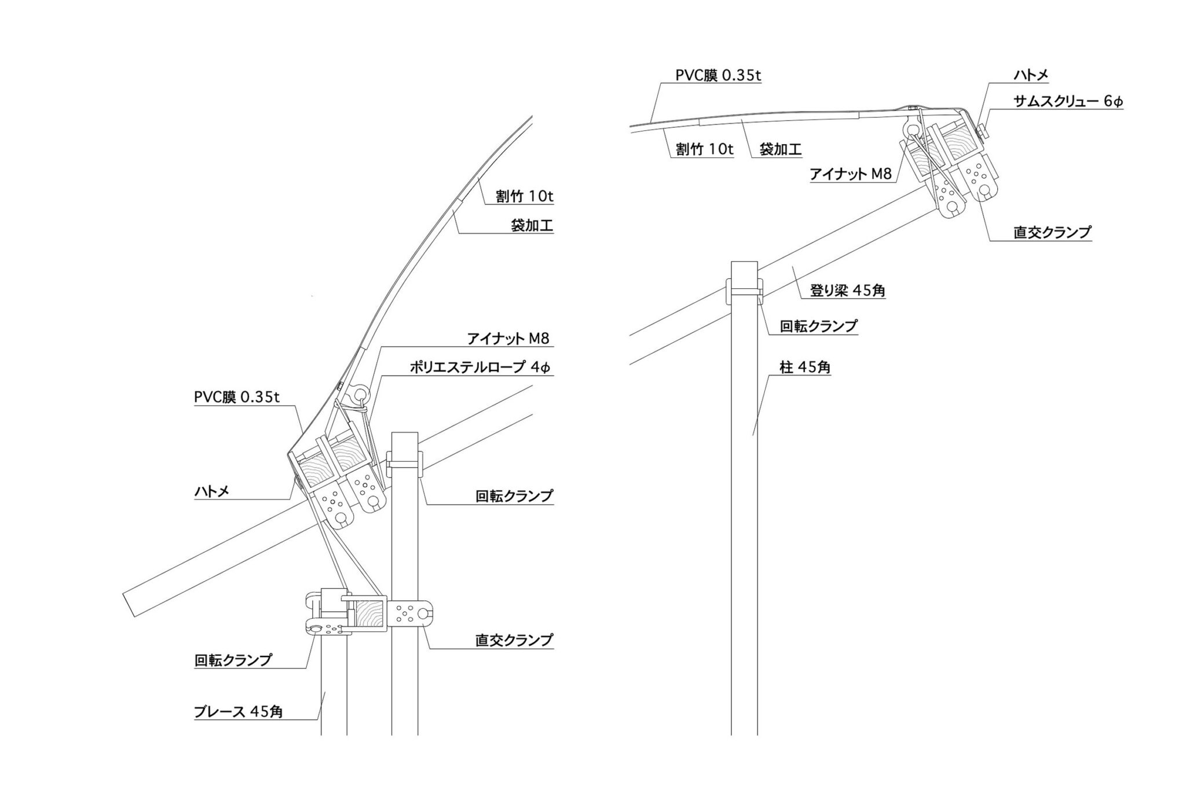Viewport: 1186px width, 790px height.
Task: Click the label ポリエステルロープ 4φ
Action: [480, 367]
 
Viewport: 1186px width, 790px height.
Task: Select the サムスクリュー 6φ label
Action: [1068, 101]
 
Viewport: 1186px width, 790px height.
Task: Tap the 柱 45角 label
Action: [805, 366]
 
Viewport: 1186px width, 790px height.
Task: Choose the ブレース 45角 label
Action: [238, 711]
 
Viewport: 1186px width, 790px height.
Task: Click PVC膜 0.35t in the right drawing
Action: [718, 76]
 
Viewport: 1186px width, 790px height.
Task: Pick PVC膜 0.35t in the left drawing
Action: [237, 397]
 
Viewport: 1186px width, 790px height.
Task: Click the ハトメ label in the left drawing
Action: [211, 491]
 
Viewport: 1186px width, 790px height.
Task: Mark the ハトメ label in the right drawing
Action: [1031, 75]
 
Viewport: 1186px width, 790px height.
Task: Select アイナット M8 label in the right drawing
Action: [851, 174]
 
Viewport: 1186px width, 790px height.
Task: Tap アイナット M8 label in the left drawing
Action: [508, 339]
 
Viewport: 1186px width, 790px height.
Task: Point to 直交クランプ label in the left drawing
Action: [514, 640]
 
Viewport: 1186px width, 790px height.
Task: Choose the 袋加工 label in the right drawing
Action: [780, 149]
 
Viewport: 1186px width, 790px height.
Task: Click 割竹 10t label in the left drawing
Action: [524, 196]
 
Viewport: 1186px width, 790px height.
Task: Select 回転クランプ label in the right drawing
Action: [818, 326]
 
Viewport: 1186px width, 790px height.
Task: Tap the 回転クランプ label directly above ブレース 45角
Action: [233, 660]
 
